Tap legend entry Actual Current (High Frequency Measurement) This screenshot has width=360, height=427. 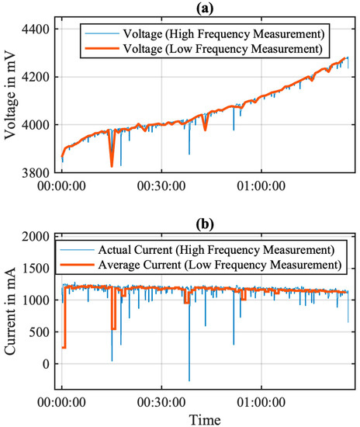[220, 249]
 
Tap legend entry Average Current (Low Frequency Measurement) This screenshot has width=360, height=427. [220, 265]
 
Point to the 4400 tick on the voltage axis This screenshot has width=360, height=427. [36, 30]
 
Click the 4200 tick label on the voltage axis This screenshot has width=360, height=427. [36, 77]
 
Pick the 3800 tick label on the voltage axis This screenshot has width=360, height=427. [36, 172]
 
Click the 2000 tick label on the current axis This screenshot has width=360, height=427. [36, 236]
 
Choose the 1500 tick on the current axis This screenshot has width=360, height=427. [36, 268]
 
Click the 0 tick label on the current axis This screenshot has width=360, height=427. [46, 363]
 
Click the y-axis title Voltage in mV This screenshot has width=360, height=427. [11, 101]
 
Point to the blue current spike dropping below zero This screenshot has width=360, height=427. [189, 379]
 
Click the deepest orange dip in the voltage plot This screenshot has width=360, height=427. [112, 165]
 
